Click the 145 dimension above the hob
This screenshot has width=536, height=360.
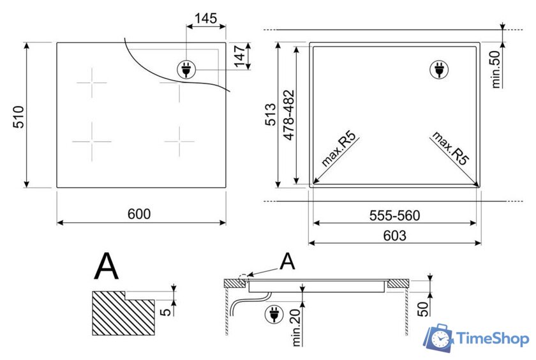tap(205, 19)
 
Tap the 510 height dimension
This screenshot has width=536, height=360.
tap(19, 116)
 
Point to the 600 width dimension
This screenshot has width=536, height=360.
tap(138, 214)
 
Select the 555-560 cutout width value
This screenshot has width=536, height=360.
tap(394, 216)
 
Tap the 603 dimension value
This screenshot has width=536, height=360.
tap(394, 236)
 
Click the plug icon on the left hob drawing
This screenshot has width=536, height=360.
tap(186, 70)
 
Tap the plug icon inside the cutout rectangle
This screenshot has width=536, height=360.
tap(438, 70)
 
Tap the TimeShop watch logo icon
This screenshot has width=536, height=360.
tap(440, 338)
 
